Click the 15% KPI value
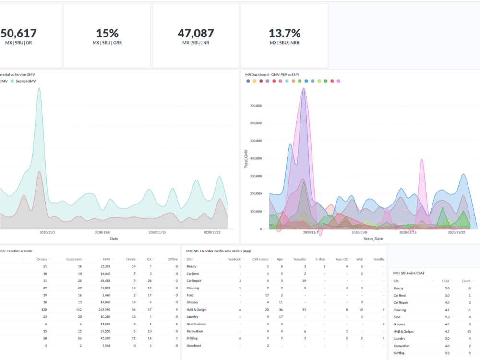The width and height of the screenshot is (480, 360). (107, 33)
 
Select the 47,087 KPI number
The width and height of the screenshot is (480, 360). (196, 33)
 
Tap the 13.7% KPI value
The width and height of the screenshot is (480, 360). (285, 33)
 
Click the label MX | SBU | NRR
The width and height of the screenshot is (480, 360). (285, 43)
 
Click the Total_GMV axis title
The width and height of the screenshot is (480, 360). (246, 158)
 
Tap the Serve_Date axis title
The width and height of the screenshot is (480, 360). (373, 239)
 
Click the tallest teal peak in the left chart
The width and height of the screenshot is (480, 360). (39, 89)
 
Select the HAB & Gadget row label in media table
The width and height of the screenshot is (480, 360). (197, 310)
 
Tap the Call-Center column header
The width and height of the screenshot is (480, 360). (261, 259)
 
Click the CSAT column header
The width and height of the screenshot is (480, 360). (445, 281)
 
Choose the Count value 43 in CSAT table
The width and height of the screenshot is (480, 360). (468, 332)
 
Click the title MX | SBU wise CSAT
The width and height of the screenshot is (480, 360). (412, 273)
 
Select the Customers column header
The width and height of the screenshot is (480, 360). (74, 259)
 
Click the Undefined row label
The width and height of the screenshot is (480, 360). (194, 346)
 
